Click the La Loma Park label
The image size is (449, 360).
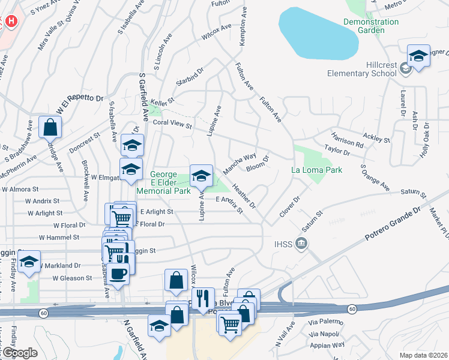(x=317, y=170)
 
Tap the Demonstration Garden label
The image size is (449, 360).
(x=371, y=26)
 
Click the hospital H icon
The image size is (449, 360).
(x=10, y=22)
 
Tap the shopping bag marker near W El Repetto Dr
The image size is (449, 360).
(x=50, y=127)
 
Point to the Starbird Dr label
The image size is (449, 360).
(x=190, y=80)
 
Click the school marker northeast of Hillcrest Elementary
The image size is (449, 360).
(x=418, y=56)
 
